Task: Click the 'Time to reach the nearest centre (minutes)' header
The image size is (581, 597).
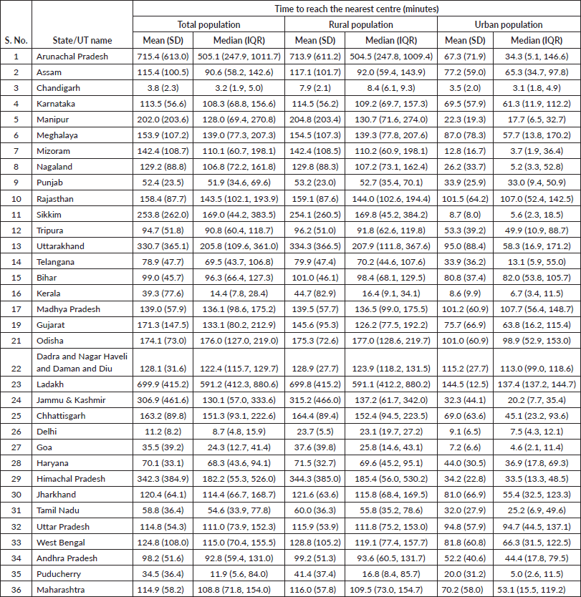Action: tap(356, 9)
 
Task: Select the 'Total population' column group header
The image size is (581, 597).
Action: tap(208, 25)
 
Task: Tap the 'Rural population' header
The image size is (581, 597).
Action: tap(360, 25)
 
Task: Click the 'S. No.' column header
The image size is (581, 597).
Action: tap(17, 40)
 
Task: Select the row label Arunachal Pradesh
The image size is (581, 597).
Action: tap(73, 56)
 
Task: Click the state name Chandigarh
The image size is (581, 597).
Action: tap(59, 87)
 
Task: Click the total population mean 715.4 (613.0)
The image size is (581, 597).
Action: tap(163, 56)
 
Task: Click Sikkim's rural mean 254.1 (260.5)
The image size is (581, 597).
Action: tap(315, 213)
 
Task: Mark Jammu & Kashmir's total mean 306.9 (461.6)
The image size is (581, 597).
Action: tap(163, 399)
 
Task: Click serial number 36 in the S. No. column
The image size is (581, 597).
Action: tap(17, 588)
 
